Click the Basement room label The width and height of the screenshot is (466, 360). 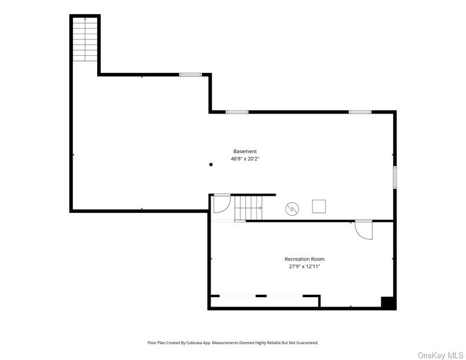(245, 151)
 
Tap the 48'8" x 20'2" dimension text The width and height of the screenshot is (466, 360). (245, 159)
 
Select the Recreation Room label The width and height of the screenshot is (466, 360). (304, 259)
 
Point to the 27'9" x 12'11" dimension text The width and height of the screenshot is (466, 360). (304, 266)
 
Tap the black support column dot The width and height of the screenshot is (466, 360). (211, 165)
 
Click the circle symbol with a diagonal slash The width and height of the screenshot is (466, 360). (291, 208)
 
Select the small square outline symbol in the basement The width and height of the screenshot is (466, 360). (319, 206)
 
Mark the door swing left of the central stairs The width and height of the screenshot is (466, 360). (221, 204)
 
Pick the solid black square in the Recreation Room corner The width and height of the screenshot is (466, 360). (388, 302)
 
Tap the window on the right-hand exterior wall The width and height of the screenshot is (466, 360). (395, 177)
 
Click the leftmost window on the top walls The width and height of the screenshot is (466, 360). (190, 75)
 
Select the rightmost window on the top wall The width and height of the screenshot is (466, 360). (360, 112)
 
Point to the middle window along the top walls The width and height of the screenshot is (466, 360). (237, 112)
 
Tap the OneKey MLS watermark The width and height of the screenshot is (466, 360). (440, 355)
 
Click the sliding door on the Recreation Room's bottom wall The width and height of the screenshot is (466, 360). (265, 295)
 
